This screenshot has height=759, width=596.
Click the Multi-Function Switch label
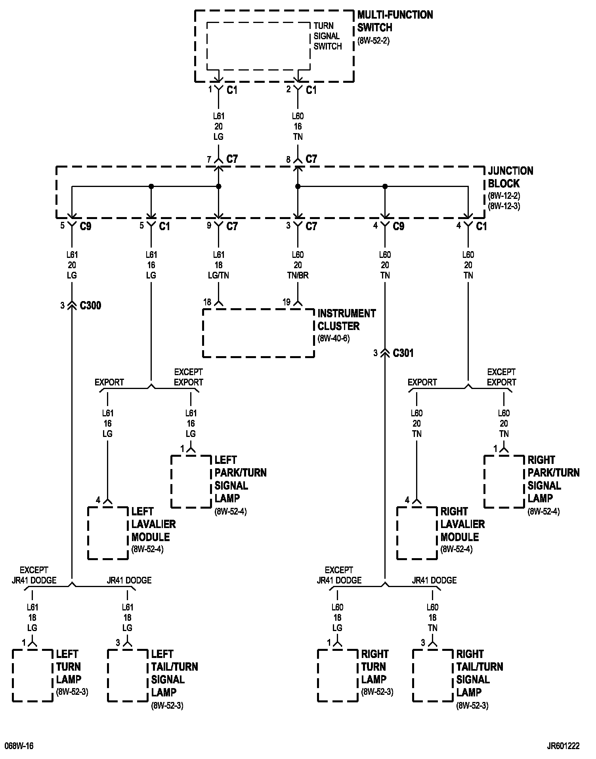395,21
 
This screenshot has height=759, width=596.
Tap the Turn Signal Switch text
327,36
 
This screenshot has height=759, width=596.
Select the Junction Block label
510,177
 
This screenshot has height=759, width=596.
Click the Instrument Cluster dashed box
258,333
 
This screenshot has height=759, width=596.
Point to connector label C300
90,305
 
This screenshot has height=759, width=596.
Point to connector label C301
403,353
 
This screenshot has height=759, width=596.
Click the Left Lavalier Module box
108,533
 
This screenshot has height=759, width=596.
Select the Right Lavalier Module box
417,533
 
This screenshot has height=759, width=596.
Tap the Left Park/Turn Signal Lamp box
191,481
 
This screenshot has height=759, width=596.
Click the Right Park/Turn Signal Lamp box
504,481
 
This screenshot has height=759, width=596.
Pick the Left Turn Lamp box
32,675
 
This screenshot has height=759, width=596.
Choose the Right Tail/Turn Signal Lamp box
433,675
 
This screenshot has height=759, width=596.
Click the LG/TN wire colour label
218,275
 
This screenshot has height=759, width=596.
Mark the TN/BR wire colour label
298,275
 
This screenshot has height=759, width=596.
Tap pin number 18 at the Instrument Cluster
207,302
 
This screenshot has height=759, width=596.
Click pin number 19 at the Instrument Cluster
287,302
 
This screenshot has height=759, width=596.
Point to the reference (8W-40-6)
333,339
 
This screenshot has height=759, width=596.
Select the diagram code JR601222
563,746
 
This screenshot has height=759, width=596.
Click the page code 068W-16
19,746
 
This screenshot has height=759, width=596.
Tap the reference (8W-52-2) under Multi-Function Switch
373,40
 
